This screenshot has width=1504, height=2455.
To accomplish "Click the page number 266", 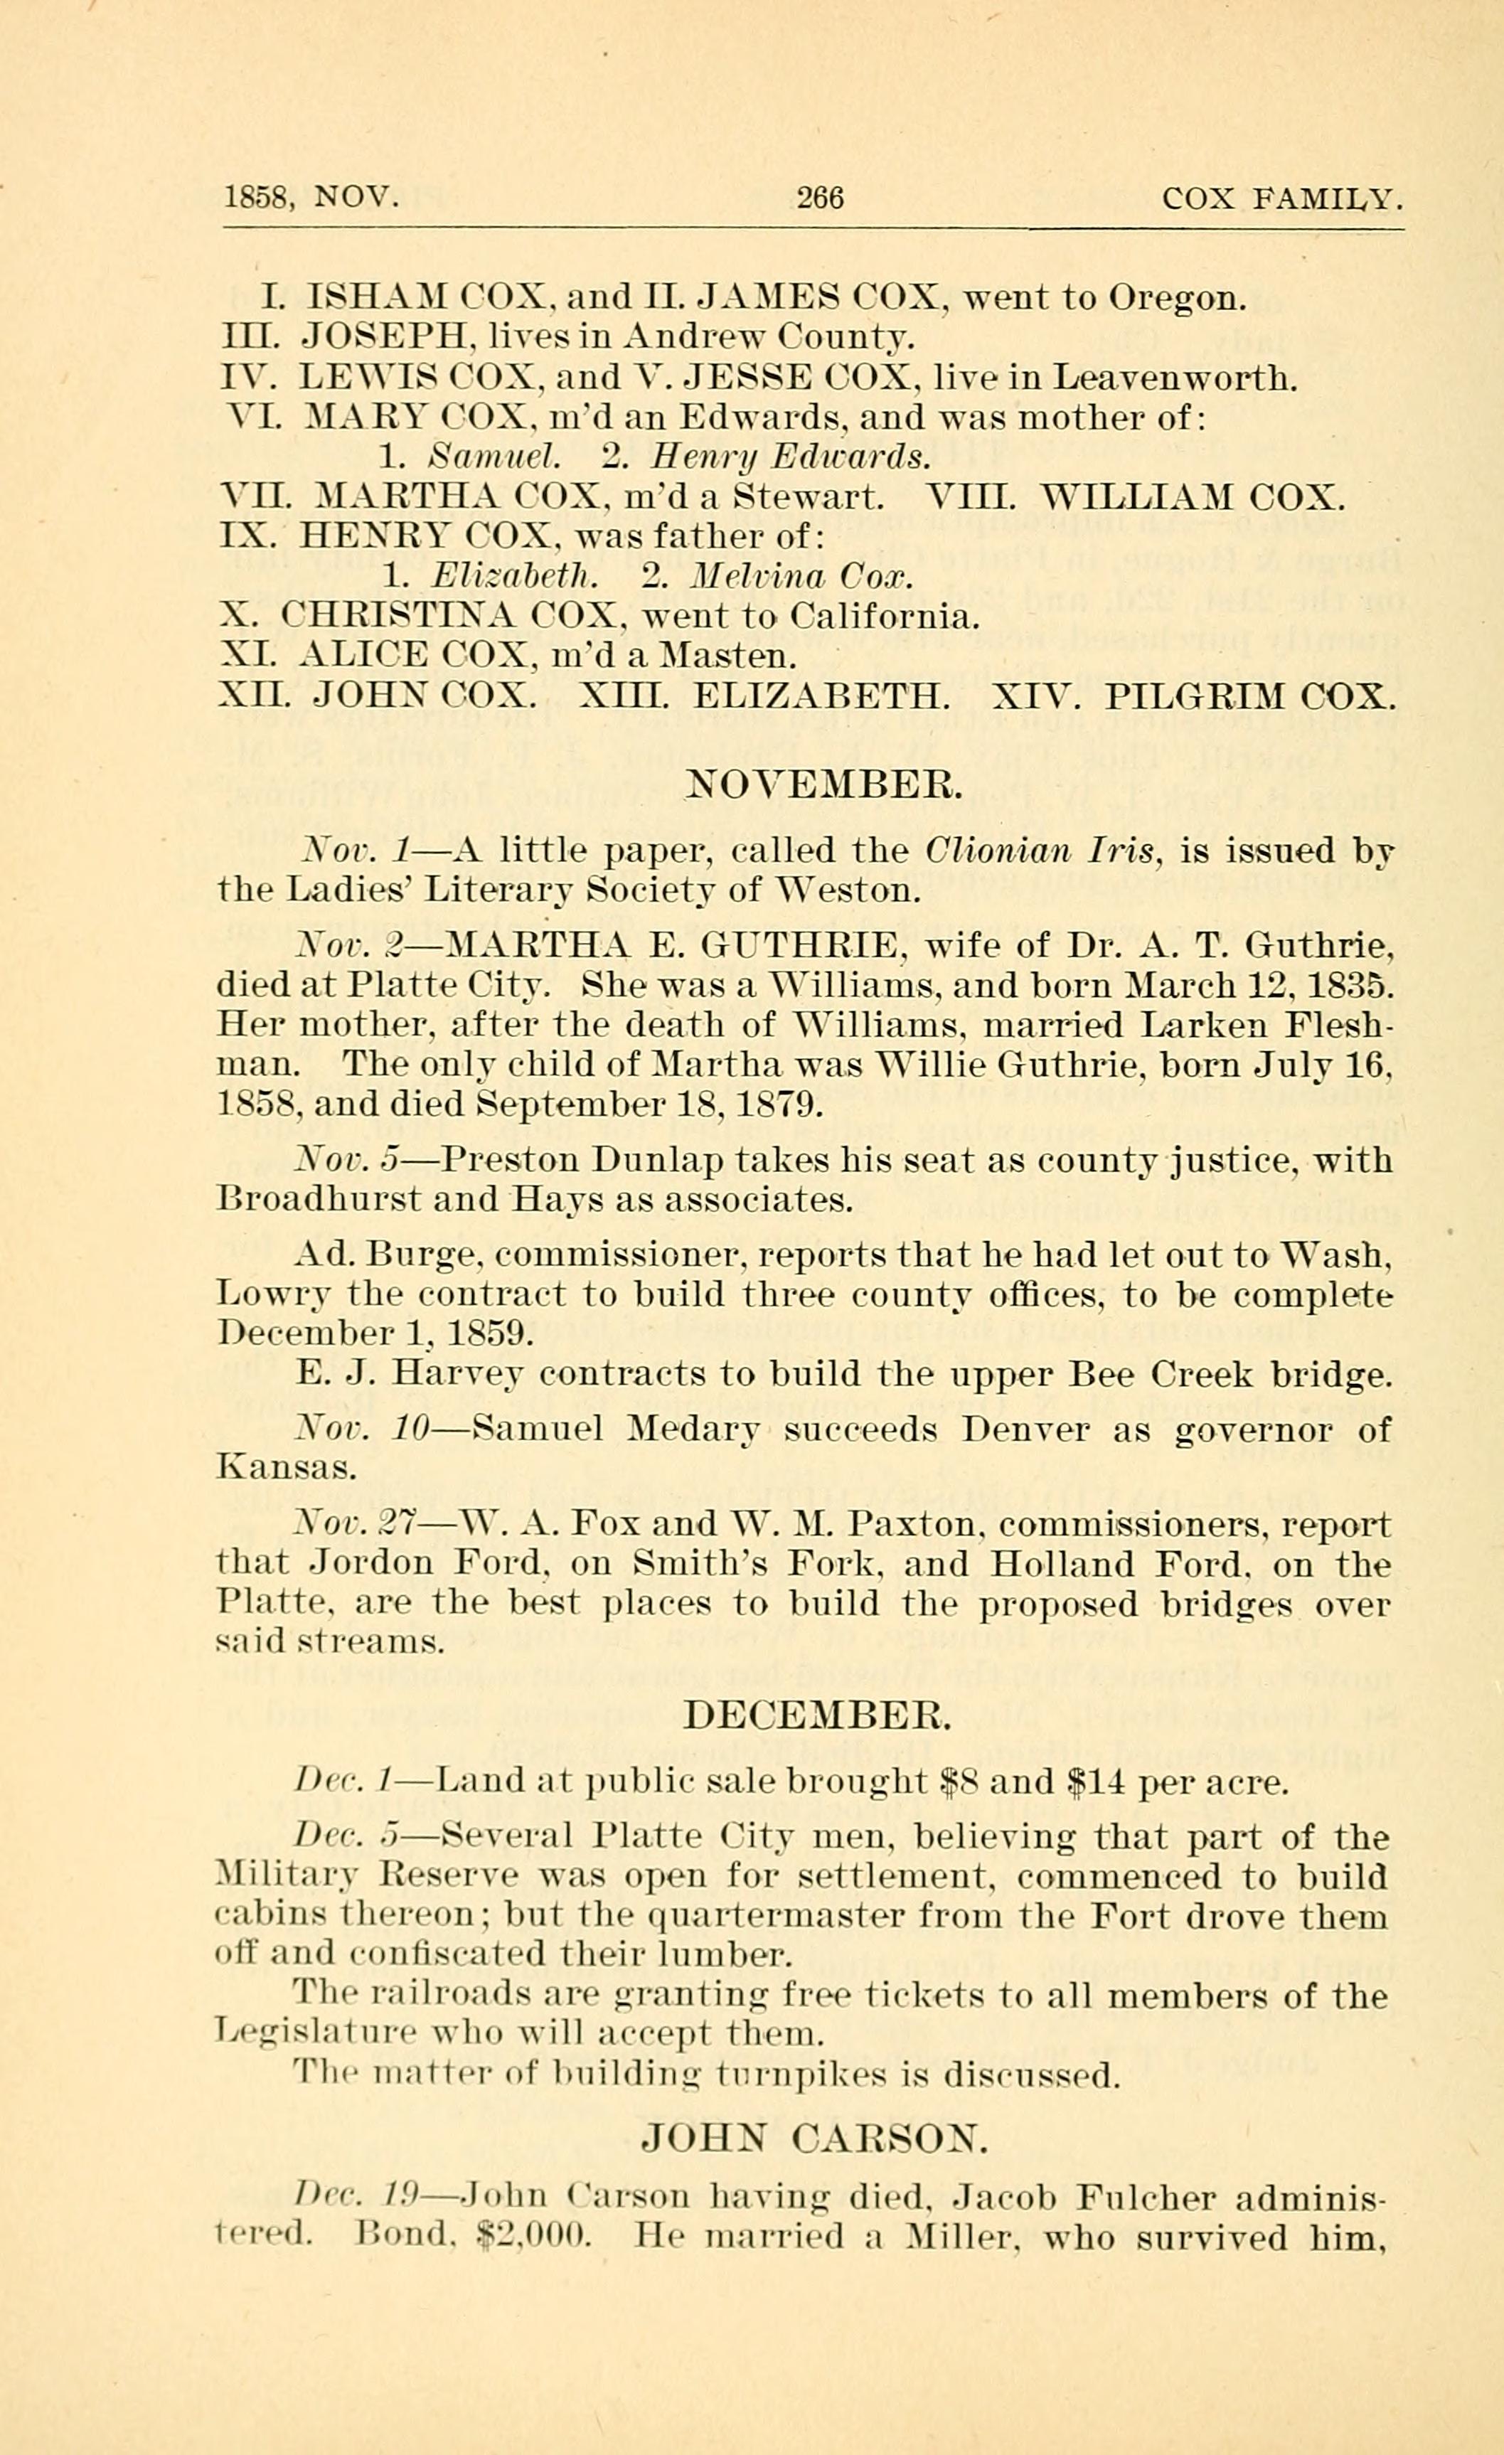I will (820, 198).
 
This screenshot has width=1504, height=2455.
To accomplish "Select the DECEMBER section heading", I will (818, 1715).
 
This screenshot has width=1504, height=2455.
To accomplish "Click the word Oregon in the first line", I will (1176, 298).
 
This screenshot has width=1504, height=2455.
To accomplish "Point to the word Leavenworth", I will (1176, 378).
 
